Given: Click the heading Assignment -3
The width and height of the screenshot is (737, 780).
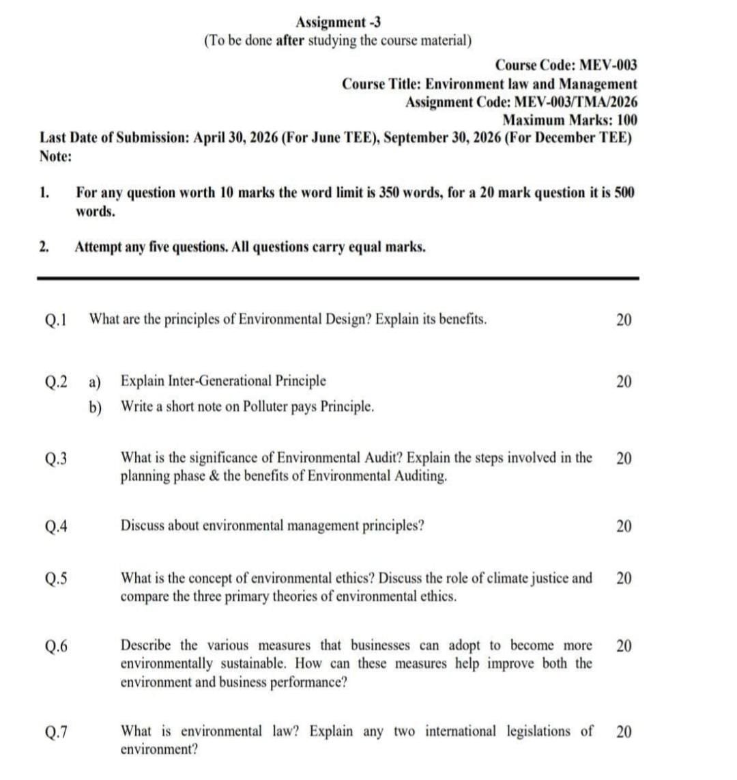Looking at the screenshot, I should pos(338,23).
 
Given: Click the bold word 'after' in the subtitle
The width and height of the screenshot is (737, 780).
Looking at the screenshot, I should pos(291,40).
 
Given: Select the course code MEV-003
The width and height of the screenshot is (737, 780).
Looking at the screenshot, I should pos(608,66).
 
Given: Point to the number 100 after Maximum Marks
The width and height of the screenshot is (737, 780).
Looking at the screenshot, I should pos(625,120).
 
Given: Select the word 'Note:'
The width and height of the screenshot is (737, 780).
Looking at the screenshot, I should pos(56,156).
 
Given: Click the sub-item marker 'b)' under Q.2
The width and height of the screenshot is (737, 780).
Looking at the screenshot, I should pos(95,407).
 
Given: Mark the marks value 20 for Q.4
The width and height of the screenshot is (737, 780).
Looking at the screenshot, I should pos(624,526).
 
